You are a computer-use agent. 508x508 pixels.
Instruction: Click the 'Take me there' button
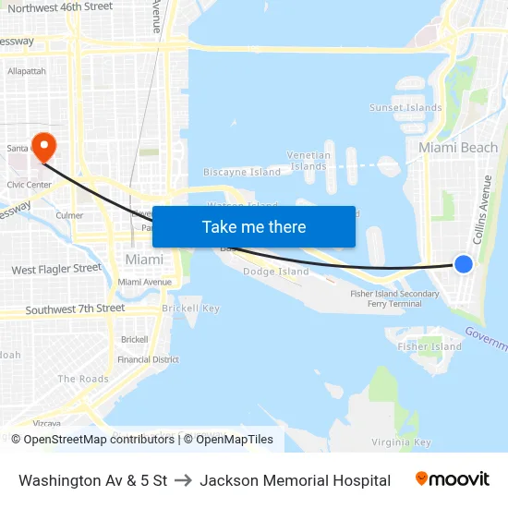tap(254, 227)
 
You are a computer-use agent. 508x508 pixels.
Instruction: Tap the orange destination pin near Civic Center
tap(43, 146)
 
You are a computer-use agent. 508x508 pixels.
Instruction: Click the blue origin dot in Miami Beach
tap(464, 264)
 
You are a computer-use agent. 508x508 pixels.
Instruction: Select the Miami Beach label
tap(458, 148)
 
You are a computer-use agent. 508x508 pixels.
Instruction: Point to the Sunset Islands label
tap(405, 108)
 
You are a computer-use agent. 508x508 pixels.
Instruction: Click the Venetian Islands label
tap(308, 161)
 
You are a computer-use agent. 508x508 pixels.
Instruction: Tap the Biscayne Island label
tap(242, 172)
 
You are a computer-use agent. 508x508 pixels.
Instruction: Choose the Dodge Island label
tap(275, 272)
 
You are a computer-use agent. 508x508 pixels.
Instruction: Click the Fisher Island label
tap(429, 346)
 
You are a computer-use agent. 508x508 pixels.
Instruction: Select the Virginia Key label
tap(402, 442)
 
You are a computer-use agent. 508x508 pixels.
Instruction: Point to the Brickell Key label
tap(190, 308)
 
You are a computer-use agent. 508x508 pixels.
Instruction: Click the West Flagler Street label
tap(56, 270)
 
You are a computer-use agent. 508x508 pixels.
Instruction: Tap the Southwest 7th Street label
tap(75, 308)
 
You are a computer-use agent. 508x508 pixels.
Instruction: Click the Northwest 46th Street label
tap(60, 7)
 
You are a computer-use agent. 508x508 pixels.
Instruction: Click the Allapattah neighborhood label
tap(26, 71)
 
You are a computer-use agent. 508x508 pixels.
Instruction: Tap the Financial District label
tap(148, 359)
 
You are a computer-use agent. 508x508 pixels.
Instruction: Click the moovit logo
tap(452, 479)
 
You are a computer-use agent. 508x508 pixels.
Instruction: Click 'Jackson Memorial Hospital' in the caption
tap(295, 480)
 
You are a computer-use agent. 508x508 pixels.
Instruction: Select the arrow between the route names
tap(183, 480)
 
